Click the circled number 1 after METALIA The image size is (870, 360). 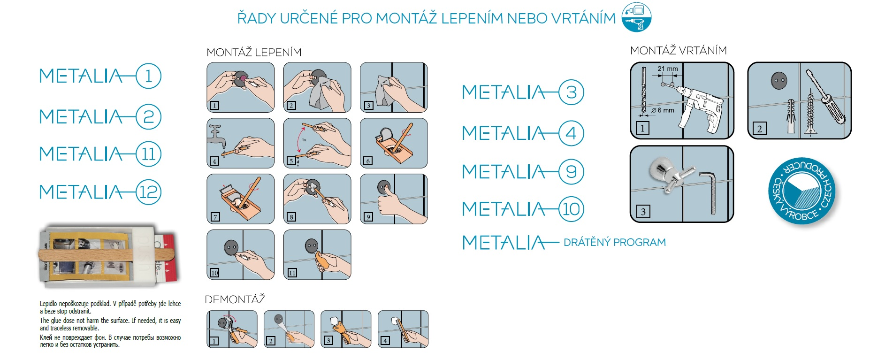[x=148, y=76]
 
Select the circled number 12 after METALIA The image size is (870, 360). [x=148, y=192]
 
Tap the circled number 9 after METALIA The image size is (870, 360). [x=571, y=172]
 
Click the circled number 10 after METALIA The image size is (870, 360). [x=571, y=209]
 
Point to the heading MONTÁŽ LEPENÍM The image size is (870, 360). [x=254, y=52]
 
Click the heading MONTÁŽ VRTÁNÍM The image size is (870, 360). [x=679, y=50]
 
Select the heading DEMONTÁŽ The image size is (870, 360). [x=235, y=299]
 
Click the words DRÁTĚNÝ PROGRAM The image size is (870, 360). [x=615, y=242]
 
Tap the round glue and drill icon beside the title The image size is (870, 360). [x=636, y=17]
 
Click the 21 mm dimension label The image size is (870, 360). [x=667, y=69]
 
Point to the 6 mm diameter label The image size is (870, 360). [x=663, y=110]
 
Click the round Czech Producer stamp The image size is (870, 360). [x=802, y=191]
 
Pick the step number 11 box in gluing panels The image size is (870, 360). [x=292, y=273]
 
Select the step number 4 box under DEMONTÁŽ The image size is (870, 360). [x=385, y=341]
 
